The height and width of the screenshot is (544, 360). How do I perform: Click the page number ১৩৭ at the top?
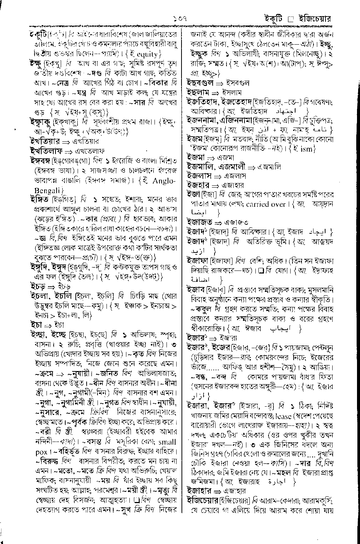coord(180,18)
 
